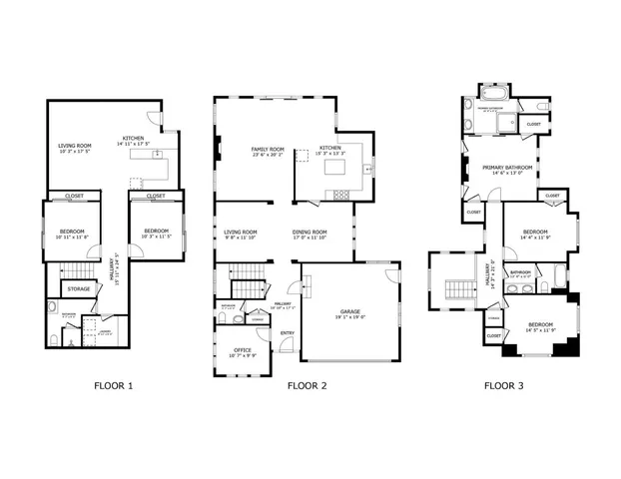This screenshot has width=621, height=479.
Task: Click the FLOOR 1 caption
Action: tap(113, 384)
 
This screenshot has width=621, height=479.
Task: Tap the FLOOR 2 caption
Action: tap(307, 384)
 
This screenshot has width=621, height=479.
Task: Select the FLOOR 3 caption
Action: tap(504, 384)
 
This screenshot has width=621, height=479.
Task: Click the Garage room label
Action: tap(349, 311)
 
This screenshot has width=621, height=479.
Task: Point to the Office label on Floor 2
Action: tap(242, 349)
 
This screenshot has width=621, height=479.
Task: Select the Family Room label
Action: tap(267, 149)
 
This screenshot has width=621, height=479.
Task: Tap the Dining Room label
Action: tap(310, 232)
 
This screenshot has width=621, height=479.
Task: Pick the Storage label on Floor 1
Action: tap(78, 288)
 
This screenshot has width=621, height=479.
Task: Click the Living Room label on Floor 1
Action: tap(74, 146)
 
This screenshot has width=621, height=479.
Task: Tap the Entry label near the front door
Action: tap(287, 333)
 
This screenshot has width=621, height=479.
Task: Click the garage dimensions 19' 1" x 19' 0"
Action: tap(349, 317)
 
